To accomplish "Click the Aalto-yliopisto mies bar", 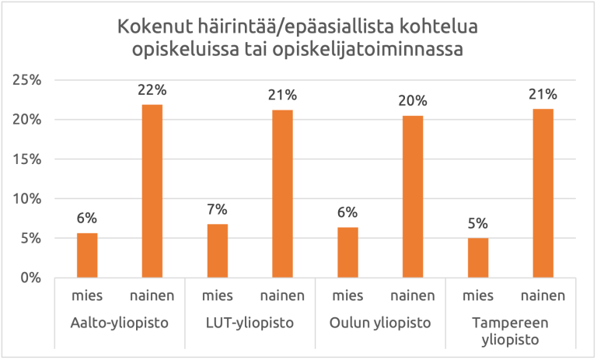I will coord(87,255).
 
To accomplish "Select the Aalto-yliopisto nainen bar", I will coord(152,190).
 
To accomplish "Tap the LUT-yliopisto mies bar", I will coord(218,250).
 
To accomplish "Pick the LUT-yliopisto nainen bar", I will coord(283,194).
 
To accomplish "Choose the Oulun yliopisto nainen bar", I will coord(413,196).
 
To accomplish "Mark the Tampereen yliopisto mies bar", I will coord(478,257).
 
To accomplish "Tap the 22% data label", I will coord(152,90).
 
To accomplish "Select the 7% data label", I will coord(218,209).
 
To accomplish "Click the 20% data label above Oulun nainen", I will coord(413,101).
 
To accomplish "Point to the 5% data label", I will coord(478,223).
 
